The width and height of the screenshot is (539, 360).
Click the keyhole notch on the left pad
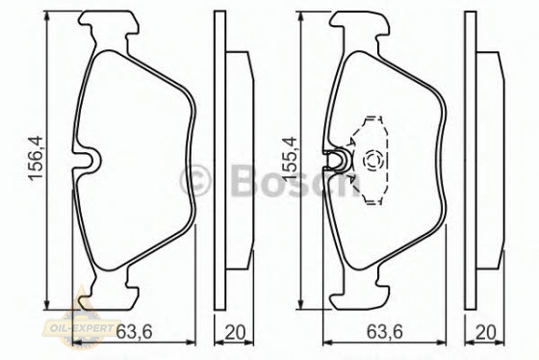pos(90,160)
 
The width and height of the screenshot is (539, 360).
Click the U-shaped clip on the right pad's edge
pos(337,161)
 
